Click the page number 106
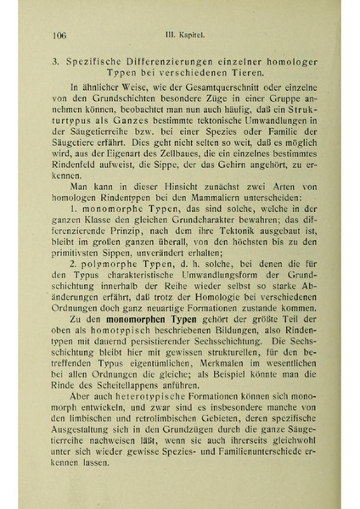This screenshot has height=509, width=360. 59,36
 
